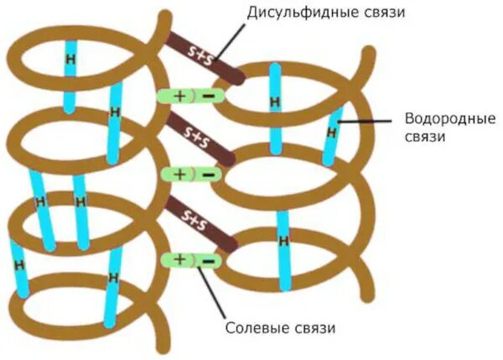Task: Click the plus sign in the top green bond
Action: point(179,96)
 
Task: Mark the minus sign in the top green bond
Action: point(208,96)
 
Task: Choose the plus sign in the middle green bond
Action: point(179,174)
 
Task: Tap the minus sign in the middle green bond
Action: point(208,174)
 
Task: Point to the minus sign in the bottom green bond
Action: point(208,259)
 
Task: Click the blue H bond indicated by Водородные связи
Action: point(333,133)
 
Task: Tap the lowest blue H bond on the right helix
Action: point(283,242)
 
